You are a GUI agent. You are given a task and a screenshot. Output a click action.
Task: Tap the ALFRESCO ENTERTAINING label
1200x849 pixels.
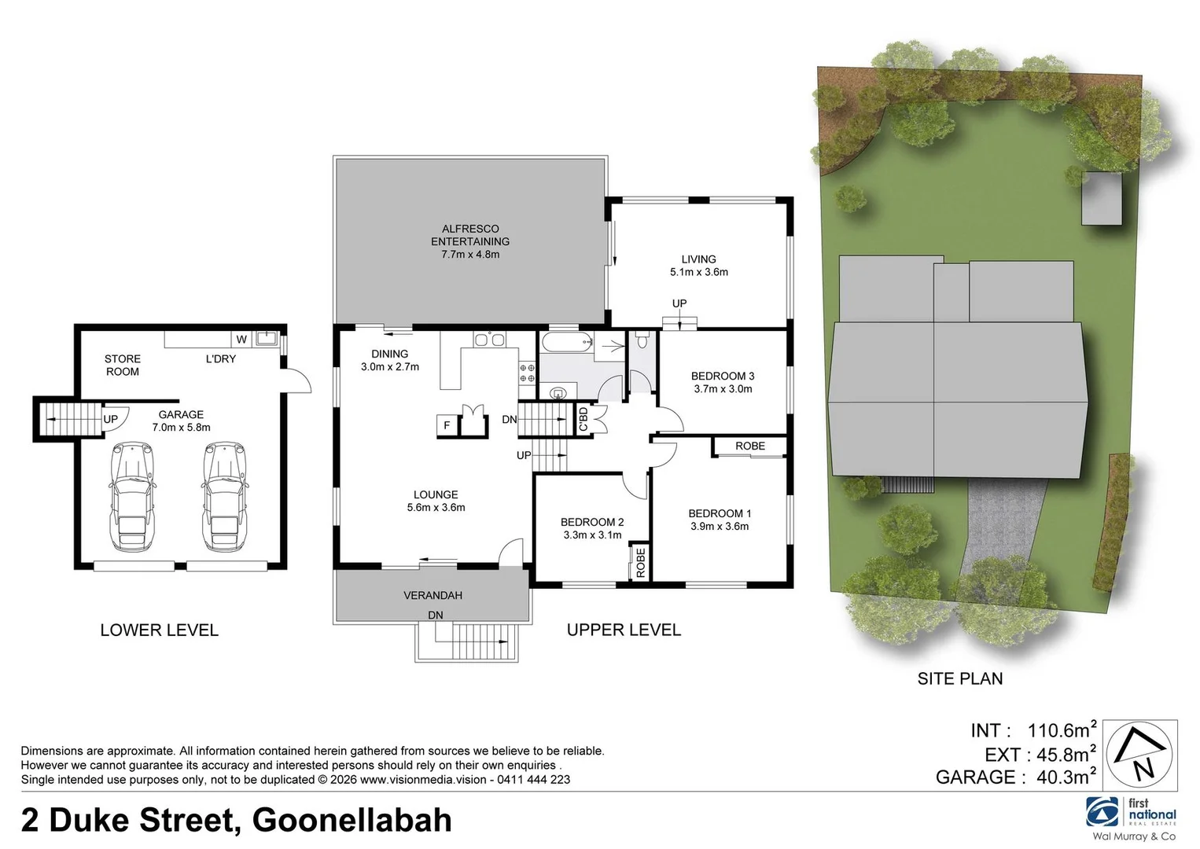pos(470,235)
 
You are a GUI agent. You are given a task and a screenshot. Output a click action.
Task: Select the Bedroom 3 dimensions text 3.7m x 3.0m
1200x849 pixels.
pos(723,389)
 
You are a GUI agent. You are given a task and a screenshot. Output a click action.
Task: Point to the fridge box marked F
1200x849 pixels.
pos(447,426)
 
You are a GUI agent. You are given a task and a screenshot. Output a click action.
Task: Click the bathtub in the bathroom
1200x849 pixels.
pos(566,341)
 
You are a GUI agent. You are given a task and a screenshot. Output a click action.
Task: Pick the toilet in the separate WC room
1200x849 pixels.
pos(642,340)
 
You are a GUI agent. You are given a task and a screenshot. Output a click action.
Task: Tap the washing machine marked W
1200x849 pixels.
pos(242,340)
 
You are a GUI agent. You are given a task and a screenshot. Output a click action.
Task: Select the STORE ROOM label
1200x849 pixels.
pos(123,365)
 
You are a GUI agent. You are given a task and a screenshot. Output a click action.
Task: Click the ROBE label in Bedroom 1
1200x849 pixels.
pos(750,447)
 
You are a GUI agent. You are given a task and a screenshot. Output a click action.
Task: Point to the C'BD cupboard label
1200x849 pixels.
pos(583,418)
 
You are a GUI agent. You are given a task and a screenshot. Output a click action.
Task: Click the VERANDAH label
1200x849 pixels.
pos(433,595)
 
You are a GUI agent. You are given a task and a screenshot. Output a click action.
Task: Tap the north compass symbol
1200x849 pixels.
pos(1141,755)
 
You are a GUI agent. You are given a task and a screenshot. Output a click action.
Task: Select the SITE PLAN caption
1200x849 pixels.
pos(960,678)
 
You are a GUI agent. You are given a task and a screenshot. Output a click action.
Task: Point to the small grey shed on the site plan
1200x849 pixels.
pos(1102,198)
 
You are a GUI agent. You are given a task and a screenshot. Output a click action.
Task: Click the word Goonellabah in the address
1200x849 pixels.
pos(352,820)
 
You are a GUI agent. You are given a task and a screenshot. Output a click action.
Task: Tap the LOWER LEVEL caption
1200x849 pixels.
pos(159,630)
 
